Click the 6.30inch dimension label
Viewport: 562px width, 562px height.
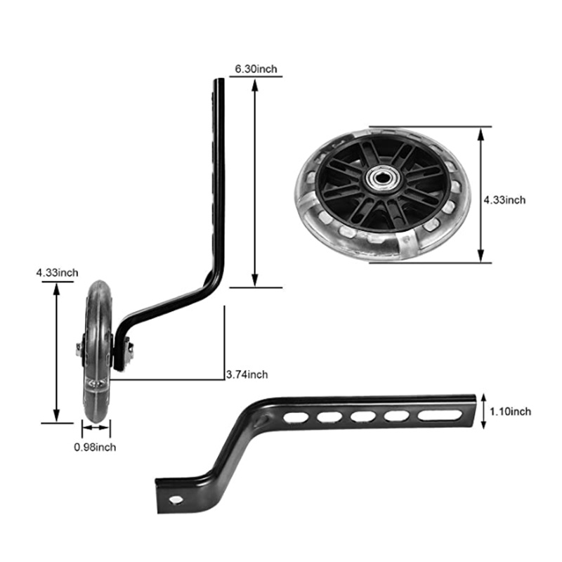256,68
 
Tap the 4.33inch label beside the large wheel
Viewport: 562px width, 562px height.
504,200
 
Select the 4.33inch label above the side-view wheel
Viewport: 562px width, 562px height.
57,272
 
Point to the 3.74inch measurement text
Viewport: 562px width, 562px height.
247,374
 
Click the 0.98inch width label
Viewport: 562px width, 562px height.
95,447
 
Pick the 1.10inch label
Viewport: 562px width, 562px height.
510,411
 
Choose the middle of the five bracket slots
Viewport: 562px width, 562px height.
362,417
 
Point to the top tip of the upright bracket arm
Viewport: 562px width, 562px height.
219,81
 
